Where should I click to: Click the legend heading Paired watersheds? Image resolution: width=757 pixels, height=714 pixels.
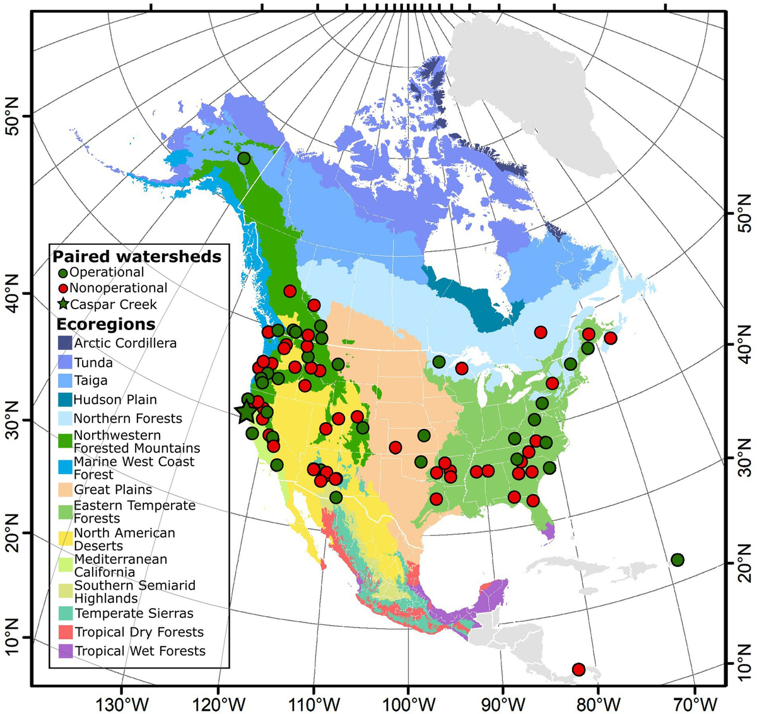click(x=137, y=256)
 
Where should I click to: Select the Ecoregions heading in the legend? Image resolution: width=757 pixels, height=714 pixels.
click(x=106, y=324)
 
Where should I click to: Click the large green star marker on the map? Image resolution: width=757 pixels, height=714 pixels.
click(x=246, y=412)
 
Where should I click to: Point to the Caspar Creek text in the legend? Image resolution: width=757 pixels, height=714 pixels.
click(x=114, y=304)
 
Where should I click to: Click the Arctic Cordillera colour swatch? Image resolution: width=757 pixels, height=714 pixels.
click(x=64, y=343)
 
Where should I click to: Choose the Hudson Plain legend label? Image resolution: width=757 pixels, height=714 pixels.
click(x=115, y=400)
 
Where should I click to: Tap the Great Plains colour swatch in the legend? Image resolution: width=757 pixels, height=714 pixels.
click(x=64, y=489)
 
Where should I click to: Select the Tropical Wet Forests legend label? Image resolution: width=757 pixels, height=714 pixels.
click(x=140, y=651)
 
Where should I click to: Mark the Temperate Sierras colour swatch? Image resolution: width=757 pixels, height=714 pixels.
click(x=64, y=613)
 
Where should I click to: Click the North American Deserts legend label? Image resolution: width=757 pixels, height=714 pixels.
click(x=124, y=539)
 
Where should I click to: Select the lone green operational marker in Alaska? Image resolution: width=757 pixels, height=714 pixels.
click(x=244, y=158)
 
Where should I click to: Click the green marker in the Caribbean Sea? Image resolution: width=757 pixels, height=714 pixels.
click(x=678, y=560)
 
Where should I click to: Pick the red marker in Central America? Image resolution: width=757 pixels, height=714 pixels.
click(x=578, y=669)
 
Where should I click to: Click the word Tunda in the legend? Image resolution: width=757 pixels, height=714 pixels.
click(x=93, y=362)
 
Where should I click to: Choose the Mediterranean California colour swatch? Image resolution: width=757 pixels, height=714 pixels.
click(x=64, y=565)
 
